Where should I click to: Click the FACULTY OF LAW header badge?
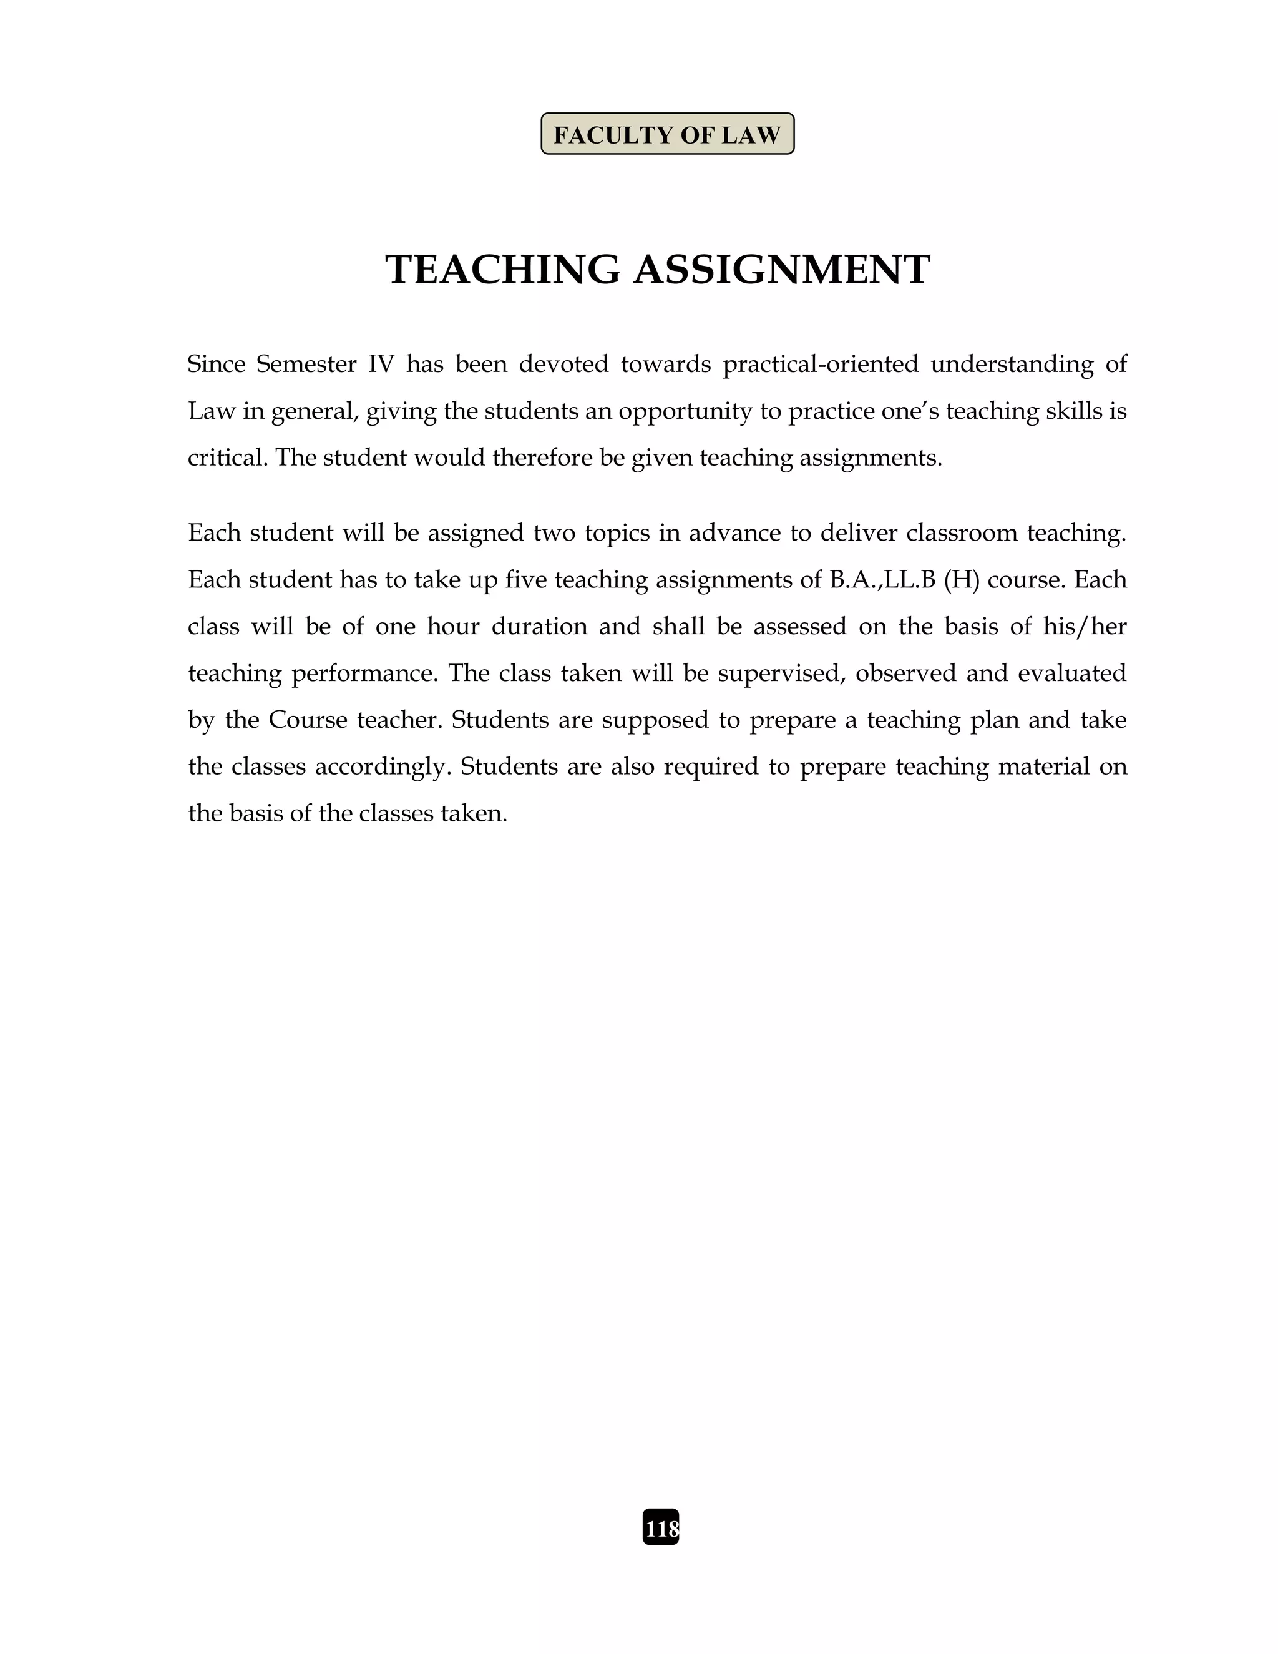pos(667,134)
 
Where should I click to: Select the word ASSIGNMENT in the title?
pos(781,270)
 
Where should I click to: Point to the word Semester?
pos(306,365)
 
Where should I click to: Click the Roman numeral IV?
pos(381,365)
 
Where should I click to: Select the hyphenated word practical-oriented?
pos(820,365)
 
